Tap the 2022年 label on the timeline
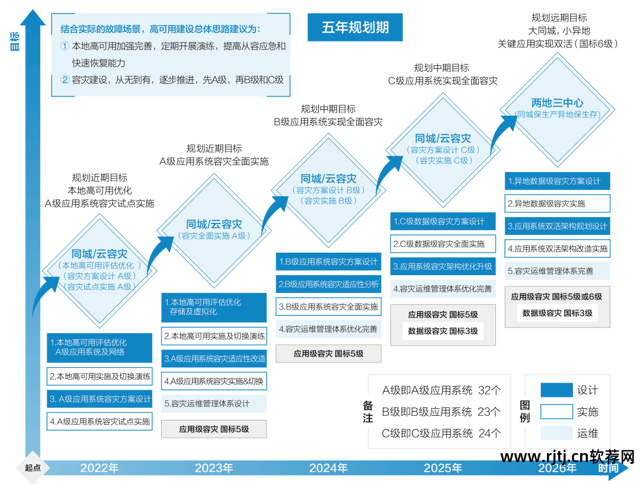pos(100,468)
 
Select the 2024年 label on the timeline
pos(328,468)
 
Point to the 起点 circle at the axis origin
pos(33,467)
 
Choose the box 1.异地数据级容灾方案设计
pos(557,181)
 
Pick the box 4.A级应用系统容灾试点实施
pos(100,422)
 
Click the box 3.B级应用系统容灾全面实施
pos(328,307)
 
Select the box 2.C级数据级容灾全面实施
pos(443,243)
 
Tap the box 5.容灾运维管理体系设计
pos(214,403)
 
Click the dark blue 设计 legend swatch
pos(556,390)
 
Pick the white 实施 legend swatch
pos(556,412)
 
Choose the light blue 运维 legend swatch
pos(556,433)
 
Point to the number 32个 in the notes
pos(489,390)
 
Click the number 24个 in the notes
pos(489,433)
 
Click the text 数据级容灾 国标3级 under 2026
pos(557,313)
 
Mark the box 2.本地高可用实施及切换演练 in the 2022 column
pos(100,377)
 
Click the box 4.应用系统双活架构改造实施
pos(557,249)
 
